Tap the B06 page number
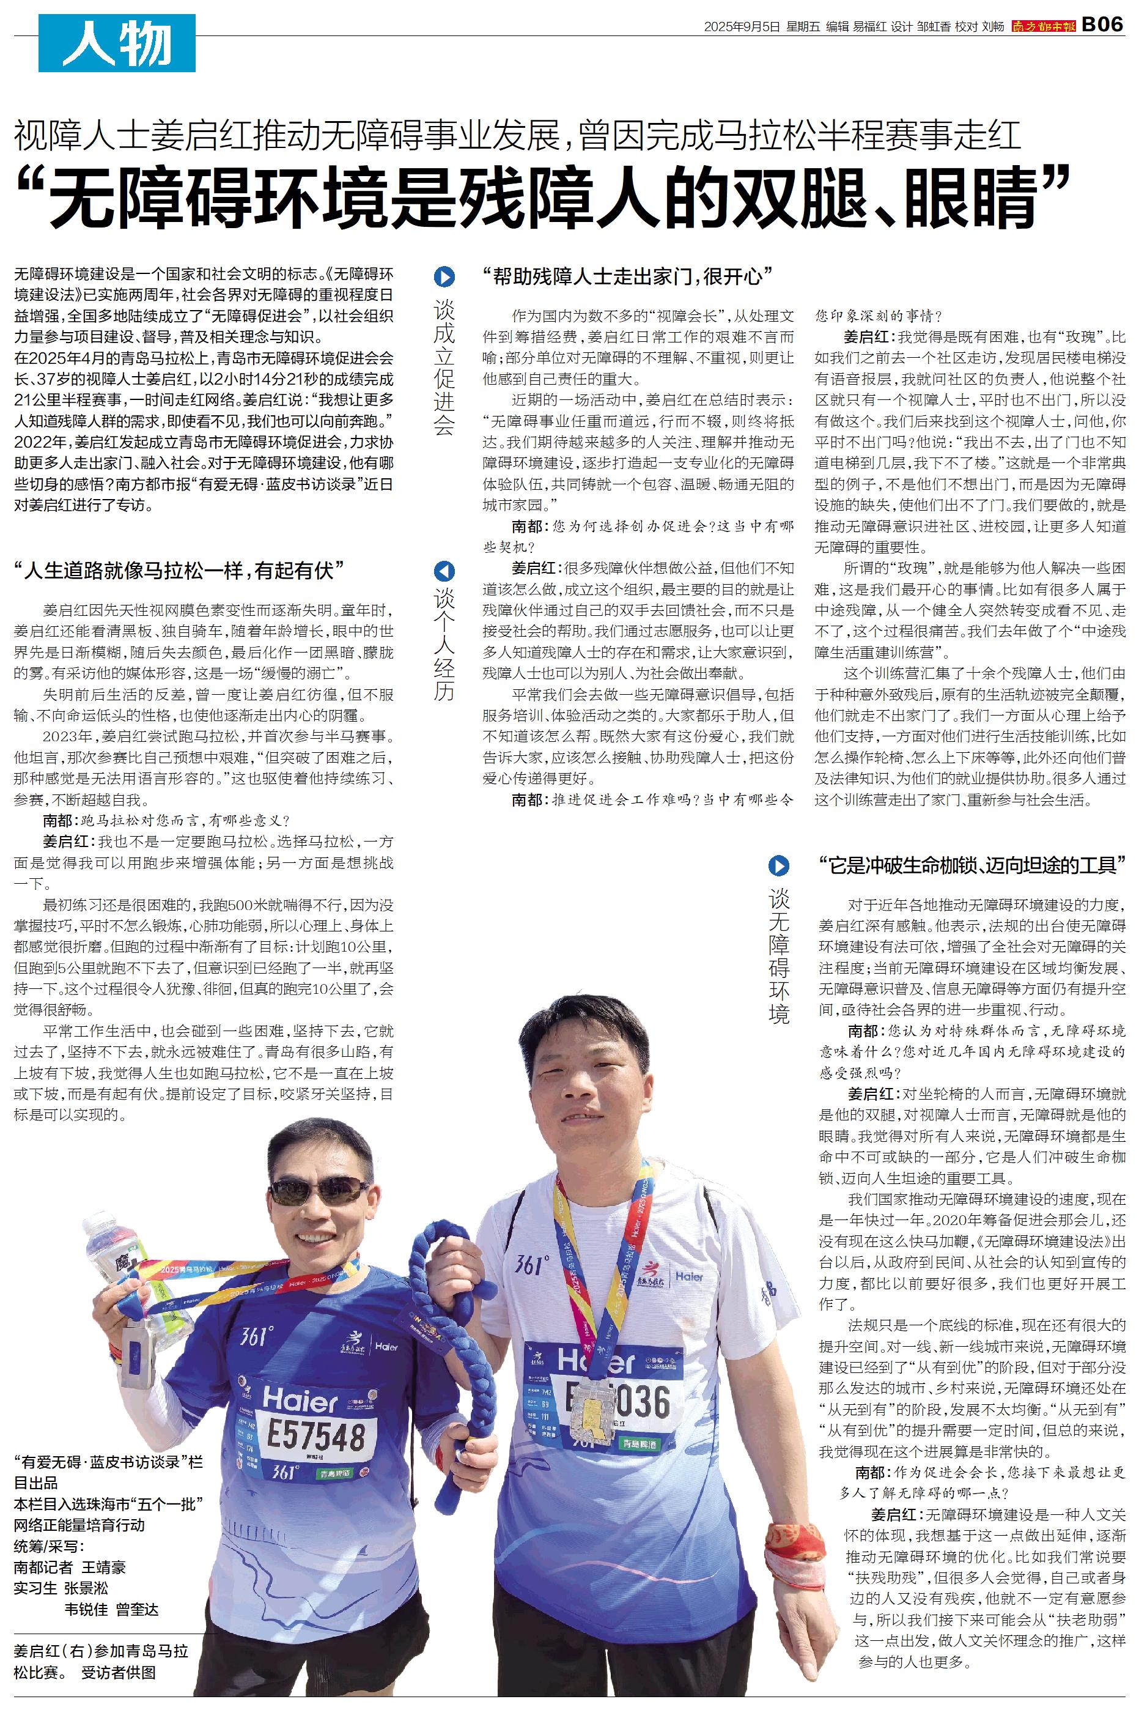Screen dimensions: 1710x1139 tap(1103, 24)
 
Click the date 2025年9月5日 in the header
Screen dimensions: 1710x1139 tap(741, 26)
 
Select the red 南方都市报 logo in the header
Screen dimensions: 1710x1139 tap(1043, 26)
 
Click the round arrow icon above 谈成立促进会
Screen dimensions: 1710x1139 tap(444, 277)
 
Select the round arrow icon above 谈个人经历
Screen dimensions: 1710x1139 tap(444, 571)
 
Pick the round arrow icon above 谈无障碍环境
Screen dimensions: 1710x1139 tap(778, 865)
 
